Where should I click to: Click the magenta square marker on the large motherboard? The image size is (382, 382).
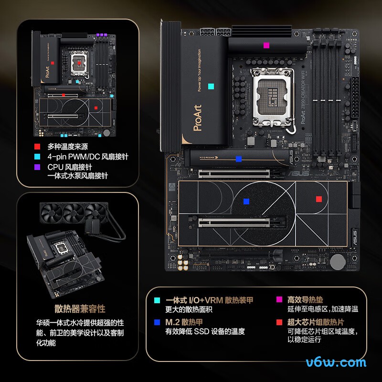(266, 45)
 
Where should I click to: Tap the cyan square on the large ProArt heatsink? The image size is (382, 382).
(211, 87)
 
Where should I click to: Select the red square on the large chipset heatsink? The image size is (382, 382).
(319, 199)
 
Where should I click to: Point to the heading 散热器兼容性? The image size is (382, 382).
(80, 309)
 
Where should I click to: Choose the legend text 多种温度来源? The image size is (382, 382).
(67, 147)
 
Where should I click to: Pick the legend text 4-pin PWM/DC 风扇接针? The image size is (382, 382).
(88, 157)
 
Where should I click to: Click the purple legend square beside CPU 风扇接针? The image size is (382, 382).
(37, 167)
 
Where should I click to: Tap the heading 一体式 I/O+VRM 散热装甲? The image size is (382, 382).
(209, 300)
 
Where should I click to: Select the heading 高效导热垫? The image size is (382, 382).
(305, 300)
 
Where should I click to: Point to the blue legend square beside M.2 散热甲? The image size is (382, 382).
(157, 322)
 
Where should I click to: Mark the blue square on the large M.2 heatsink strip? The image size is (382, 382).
(239, 159)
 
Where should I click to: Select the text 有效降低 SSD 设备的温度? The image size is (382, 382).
(205, 331)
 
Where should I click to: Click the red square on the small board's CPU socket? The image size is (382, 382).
(79, 63)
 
